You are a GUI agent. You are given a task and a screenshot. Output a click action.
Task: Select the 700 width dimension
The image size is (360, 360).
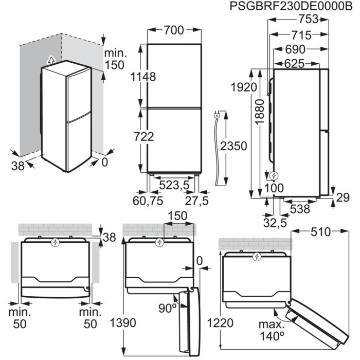pyautogui.click(x=173, y=31)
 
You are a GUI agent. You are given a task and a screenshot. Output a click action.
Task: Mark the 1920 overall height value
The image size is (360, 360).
pyautogui.click(x=243, y=87)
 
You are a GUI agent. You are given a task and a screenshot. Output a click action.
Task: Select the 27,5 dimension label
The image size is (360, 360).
pyautogui.click(x=196, y=201)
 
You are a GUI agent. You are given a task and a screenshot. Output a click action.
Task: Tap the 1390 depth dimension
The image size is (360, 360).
pyautogui.click(x=123, y=323)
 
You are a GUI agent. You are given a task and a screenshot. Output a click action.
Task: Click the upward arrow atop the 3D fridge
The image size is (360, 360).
pyautogui.click(x=49, y=59)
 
